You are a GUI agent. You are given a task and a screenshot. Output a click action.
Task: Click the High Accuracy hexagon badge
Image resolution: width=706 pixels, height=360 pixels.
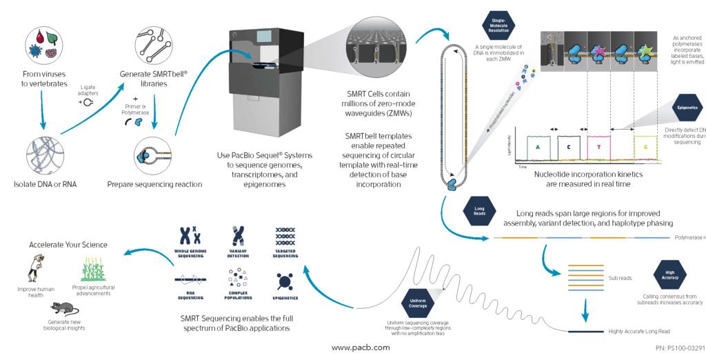pos(669,273)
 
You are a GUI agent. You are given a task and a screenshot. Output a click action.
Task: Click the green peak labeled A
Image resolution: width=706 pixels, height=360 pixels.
pos(527,146)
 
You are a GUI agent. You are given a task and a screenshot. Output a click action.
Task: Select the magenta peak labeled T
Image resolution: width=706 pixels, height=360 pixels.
pos(598,146)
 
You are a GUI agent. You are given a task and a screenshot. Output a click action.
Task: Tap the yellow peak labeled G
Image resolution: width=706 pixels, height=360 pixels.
pos(646,147)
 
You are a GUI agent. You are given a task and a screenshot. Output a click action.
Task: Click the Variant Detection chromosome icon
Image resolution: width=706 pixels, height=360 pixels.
pos(238,236)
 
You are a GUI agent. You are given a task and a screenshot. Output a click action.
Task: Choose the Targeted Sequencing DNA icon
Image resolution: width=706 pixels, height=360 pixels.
pos(285,234)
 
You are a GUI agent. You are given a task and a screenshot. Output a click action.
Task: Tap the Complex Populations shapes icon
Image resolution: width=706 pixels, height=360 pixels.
pos(238,277)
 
